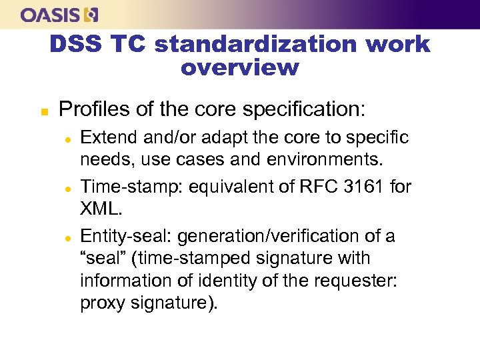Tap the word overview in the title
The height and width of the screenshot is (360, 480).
[x=240, y=67]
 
